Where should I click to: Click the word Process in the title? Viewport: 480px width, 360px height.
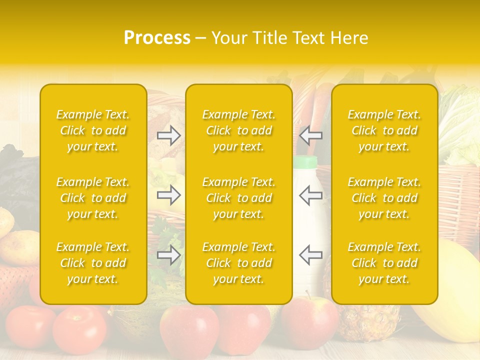coord(157,38)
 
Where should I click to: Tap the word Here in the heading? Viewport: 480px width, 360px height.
coord(348,38)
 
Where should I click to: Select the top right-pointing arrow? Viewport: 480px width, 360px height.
coord(169,135)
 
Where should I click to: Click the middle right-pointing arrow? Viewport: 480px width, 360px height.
coord(169,195)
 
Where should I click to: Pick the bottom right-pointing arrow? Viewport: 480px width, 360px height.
coord(169,255)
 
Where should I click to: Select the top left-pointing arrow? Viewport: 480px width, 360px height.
coord(310,135)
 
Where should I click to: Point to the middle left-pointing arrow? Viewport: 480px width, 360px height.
coord(310,195)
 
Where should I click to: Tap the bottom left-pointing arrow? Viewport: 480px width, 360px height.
coord(310,255)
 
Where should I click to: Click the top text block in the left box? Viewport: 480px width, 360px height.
coord(93,130)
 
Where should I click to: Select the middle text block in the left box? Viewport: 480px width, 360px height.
coord(93,198)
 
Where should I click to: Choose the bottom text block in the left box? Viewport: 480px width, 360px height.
coord(93,263)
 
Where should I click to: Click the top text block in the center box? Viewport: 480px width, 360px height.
coord(238,130)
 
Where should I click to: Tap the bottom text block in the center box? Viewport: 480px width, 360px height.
coord(238,263)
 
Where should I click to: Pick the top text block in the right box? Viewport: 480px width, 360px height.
coord(384,130)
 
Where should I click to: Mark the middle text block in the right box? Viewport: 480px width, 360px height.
coord(384,198)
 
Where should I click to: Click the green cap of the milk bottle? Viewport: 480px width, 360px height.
coord(305,162)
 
